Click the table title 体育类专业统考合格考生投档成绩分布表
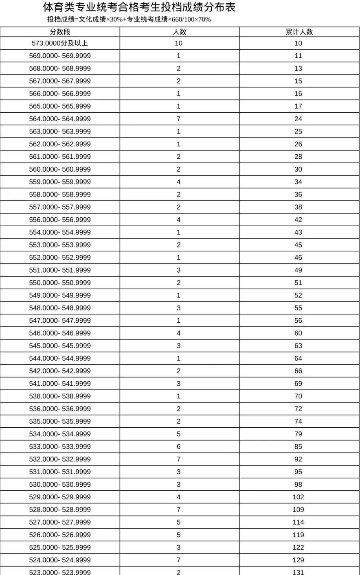[x=139, y=7]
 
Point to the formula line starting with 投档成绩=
[x=129, y=19]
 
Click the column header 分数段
[x=60, y=32]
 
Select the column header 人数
[x=179, y=32]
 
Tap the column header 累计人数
[x=299, y=32]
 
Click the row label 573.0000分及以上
[x=60, y=43]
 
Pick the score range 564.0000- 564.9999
[x=60, y=119]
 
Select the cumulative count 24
[x=298, y=119]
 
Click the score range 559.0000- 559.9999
[x=60, y=182]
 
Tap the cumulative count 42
[x=298, y=220]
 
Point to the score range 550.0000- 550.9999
[x=60, y=283]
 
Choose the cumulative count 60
[x=298, y=333]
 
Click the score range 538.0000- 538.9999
[x=60, y=396]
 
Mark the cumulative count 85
[x=298, y=447]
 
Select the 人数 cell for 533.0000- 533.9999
[x=178, y=447]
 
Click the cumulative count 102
[x=298, y=497]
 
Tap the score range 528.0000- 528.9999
[x=60, y=510]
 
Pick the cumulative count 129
[x=298, y=560]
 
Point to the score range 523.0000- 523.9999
[x=60, y=572]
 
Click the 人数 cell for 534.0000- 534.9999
[x=178, y=434]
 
